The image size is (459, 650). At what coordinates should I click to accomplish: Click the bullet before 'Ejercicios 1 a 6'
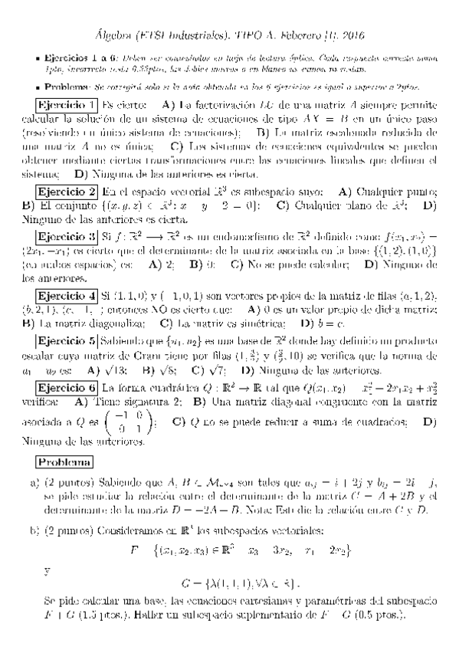[x=38, y=58]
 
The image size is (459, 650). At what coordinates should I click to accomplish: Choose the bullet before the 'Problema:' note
[x=38, y=88]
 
